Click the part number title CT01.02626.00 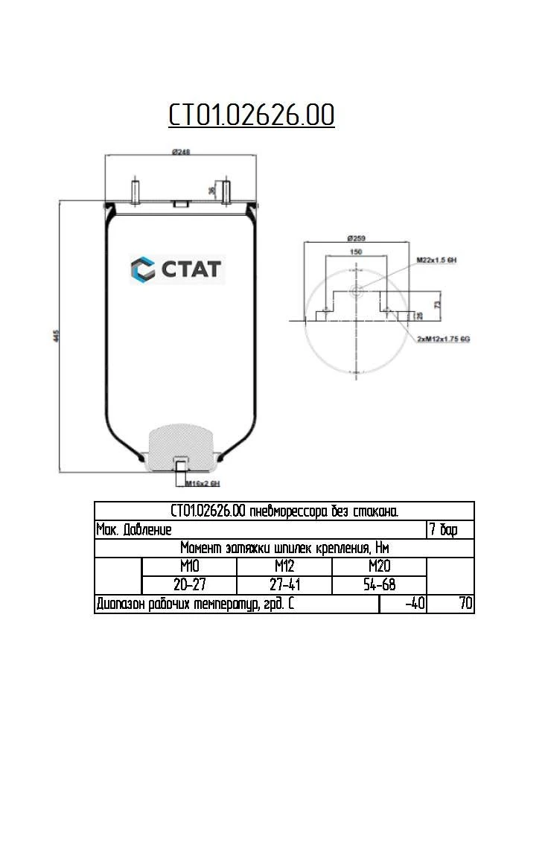251,115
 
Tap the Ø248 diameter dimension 181,151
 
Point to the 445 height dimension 55,336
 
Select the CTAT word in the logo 191,269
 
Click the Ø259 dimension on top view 357,239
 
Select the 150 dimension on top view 356,252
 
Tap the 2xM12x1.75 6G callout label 444,339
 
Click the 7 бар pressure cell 450,529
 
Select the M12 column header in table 284,566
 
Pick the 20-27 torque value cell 189,585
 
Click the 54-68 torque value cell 379,585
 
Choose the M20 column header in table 379,566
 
